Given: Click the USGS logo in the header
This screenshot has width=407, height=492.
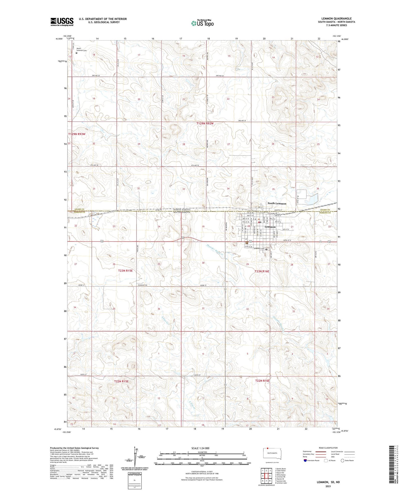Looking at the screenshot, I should pos(62,22).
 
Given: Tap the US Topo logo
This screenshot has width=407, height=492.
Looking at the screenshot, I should pos(202,23).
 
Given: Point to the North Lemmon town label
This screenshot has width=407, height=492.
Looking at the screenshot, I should pos(277,203).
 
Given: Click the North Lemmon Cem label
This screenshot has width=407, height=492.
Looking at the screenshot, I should pos(80,49).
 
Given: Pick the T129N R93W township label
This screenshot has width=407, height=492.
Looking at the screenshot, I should pos(77,134).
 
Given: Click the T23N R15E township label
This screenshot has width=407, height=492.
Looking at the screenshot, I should pos(125,271).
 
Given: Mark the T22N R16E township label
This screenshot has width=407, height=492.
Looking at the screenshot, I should pos(262,381).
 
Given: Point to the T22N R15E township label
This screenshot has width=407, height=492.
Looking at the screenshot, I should pos(121,381).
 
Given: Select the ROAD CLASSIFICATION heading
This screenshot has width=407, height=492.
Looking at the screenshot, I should pos(328,448).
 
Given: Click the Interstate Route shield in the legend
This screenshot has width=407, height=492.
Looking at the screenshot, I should pos(305,461).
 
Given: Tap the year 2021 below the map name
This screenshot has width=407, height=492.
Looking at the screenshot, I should pos(328,486).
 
